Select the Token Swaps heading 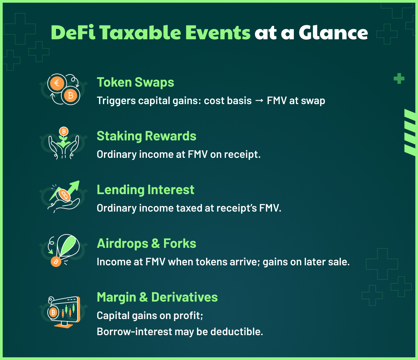coord(135,82)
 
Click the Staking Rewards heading coord(146,136)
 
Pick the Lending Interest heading coord(145,190)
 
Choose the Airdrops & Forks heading coord(146,243)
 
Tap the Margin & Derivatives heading coord(157,297)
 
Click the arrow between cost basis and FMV coord(259,101)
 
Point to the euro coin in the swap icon coord(57,83)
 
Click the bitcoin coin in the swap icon coord(70,95)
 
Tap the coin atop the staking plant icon coord(63,131)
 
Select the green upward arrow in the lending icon coord(72,187)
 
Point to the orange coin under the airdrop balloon coord(56,261)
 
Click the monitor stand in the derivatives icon coord(64,324)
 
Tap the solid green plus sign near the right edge coord(399,79)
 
